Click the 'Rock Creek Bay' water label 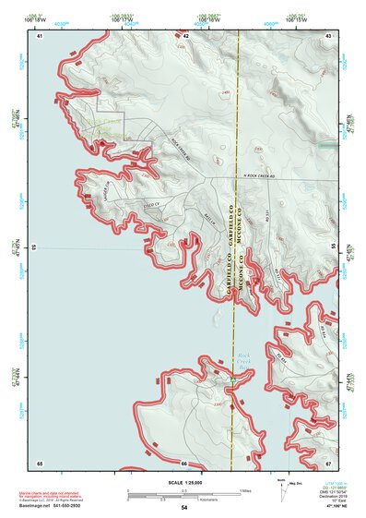pyautogui.click(x=244, y=357)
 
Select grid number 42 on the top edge pyautogui.click(x=186, y=35)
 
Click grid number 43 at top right pyautogui.click(x=329, y=35)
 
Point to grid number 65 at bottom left pyautogui.click(x=40, y=463)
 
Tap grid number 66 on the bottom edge pyautogui.click(x=184, y=463)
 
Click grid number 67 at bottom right pyautogui.click(x=329, y=463)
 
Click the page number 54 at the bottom pyautogui.click(x=184, y=508)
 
